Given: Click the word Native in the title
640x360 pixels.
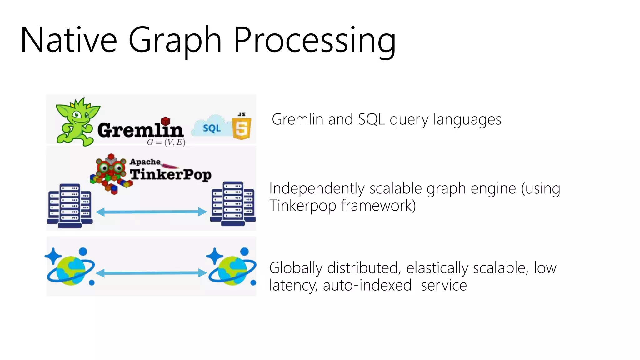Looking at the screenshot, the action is pos(69,40).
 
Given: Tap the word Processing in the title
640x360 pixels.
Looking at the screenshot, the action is pos(315,41).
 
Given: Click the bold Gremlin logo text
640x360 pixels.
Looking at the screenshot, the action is pos(140,130).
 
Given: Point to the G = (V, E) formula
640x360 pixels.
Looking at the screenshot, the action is pos(166,142).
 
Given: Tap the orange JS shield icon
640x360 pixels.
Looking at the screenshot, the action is pos(242,127).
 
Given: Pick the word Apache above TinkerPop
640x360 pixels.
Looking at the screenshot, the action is pos(145,162).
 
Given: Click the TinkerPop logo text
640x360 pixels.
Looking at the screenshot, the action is pos(171,174).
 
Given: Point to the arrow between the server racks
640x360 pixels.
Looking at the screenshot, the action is pos(151,212).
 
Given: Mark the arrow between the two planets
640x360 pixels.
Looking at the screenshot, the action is pos(151,273).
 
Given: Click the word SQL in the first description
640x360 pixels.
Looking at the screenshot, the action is pos(371,119).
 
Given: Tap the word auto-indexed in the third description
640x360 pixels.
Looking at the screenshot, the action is pos(367,285).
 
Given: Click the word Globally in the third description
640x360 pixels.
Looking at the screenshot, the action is pos(296,268).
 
